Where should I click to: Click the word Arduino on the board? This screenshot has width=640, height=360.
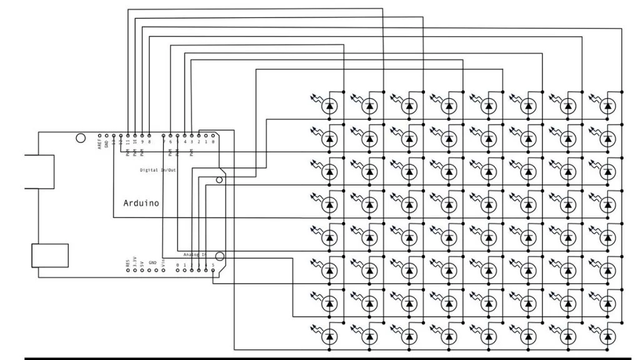141,203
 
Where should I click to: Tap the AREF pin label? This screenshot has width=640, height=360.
99,143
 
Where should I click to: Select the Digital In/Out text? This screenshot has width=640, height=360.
157,169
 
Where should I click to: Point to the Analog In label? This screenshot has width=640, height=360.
196,255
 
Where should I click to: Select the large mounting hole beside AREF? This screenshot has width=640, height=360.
81,138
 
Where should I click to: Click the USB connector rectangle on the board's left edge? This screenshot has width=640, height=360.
39,171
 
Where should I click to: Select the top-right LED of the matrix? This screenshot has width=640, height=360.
606,106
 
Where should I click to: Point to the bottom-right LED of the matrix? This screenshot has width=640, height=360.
606,337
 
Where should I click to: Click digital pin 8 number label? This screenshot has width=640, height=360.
150,142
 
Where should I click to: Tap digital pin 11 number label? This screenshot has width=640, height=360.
128,142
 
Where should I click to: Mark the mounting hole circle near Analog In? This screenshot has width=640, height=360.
219,255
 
